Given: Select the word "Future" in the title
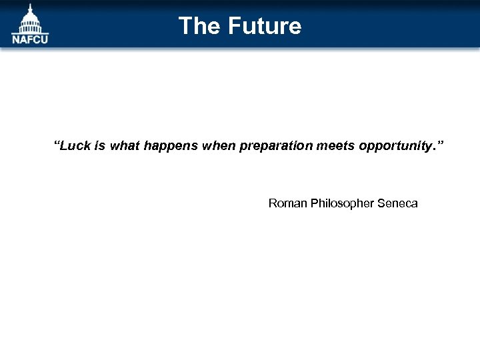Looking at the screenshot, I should coord(265,26).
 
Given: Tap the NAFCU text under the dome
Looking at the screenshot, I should coord(30,39).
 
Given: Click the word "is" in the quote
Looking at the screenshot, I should coord(100,145).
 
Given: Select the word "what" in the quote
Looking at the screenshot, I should coord(124,145).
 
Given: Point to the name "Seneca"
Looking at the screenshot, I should coord(397,203).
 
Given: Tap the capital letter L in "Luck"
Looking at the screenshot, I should coord(65,145).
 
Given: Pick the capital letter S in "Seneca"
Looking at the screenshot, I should coord(381,203).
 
